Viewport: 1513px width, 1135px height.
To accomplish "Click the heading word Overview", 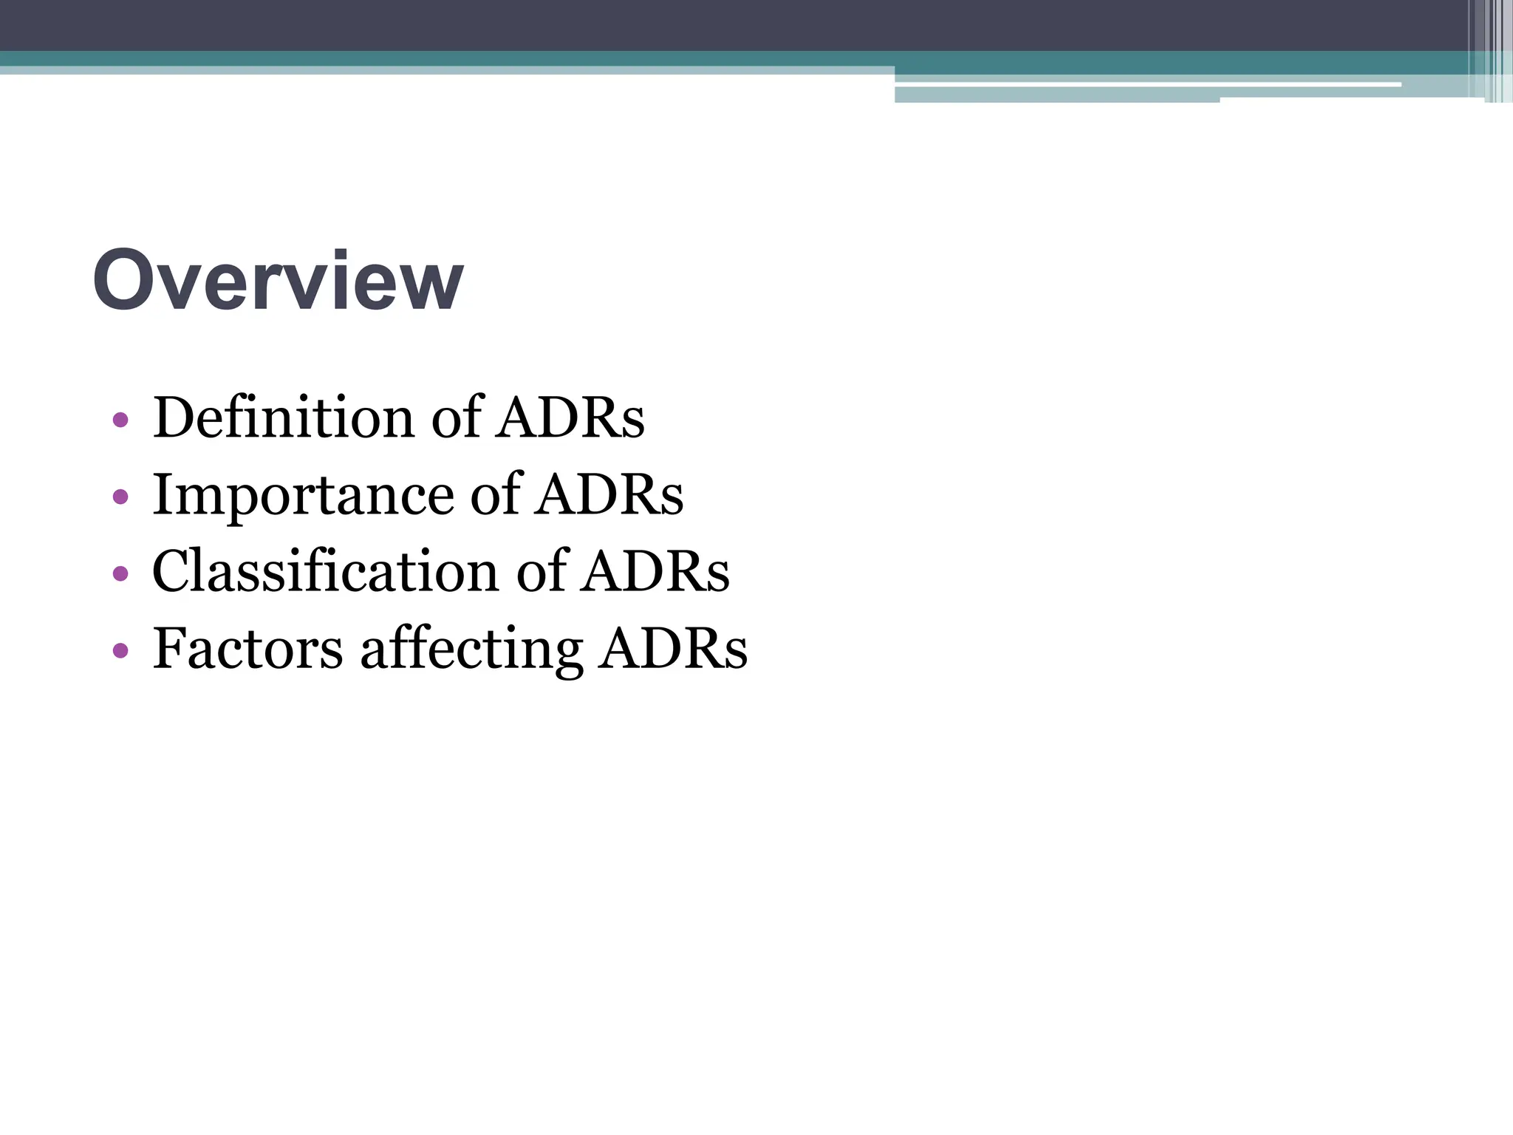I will point(278,281).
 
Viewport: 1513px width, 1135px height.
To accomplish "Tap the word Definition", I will point(283,417).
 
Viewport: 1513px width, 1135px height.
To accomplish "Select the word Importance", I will point(303,494).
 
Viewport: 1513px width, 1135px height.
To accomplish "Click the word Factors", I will point(247,649).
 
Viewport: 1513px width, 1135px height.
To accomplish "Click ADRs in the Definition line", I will point(570,417).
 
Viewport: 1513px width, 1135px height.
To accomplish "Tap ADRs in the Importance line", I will point(610,494).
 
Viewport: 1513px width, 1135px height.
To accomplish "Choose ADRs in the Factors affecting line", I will point(674,649).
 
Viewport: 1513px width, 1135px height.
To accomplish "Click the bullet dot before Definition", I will point(120,420).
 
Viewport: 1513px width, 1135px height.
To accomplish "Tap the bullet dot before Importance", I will point(120,497).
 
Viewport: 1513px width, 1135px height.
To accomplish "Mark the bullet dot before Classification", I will point(120,574).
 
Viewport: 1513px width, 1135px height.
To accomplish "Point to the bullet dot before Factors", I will point(120,651).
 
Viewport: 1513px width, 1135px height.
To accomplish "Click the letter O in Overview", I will point(124,281).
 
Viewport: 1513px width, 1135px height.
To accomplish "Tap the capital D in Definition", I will point(174,417).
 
